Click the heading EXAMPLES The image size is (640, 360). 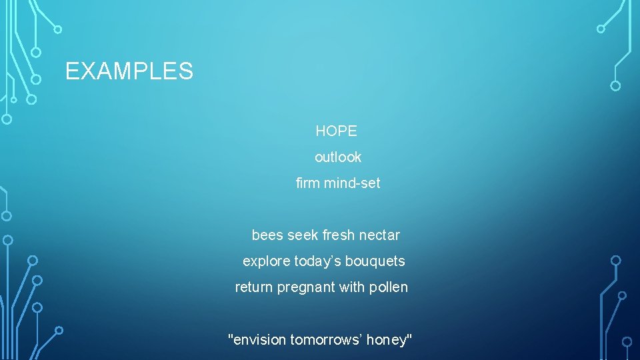[129, 71]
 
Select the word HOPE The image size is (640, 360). [336, 131]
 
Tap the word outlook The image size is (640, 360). [338, 157]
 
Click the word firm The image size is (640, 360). [307, 183]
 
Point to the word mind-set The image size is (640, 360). [352, 183]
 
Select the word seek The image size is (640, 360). [303, 235]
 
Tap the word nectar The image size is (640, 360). [379, 235]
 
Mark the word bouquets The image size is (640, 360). [375, 261]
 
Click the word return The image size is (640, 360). [254, 287]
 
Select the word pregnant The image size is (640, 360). [305, 288]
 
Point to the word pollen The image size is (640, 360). [389, 287]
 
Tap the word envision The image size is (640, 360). [259, 340]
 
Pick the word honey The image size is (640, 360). [388, 341]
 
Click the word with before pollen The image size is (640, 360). [353, 287]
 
